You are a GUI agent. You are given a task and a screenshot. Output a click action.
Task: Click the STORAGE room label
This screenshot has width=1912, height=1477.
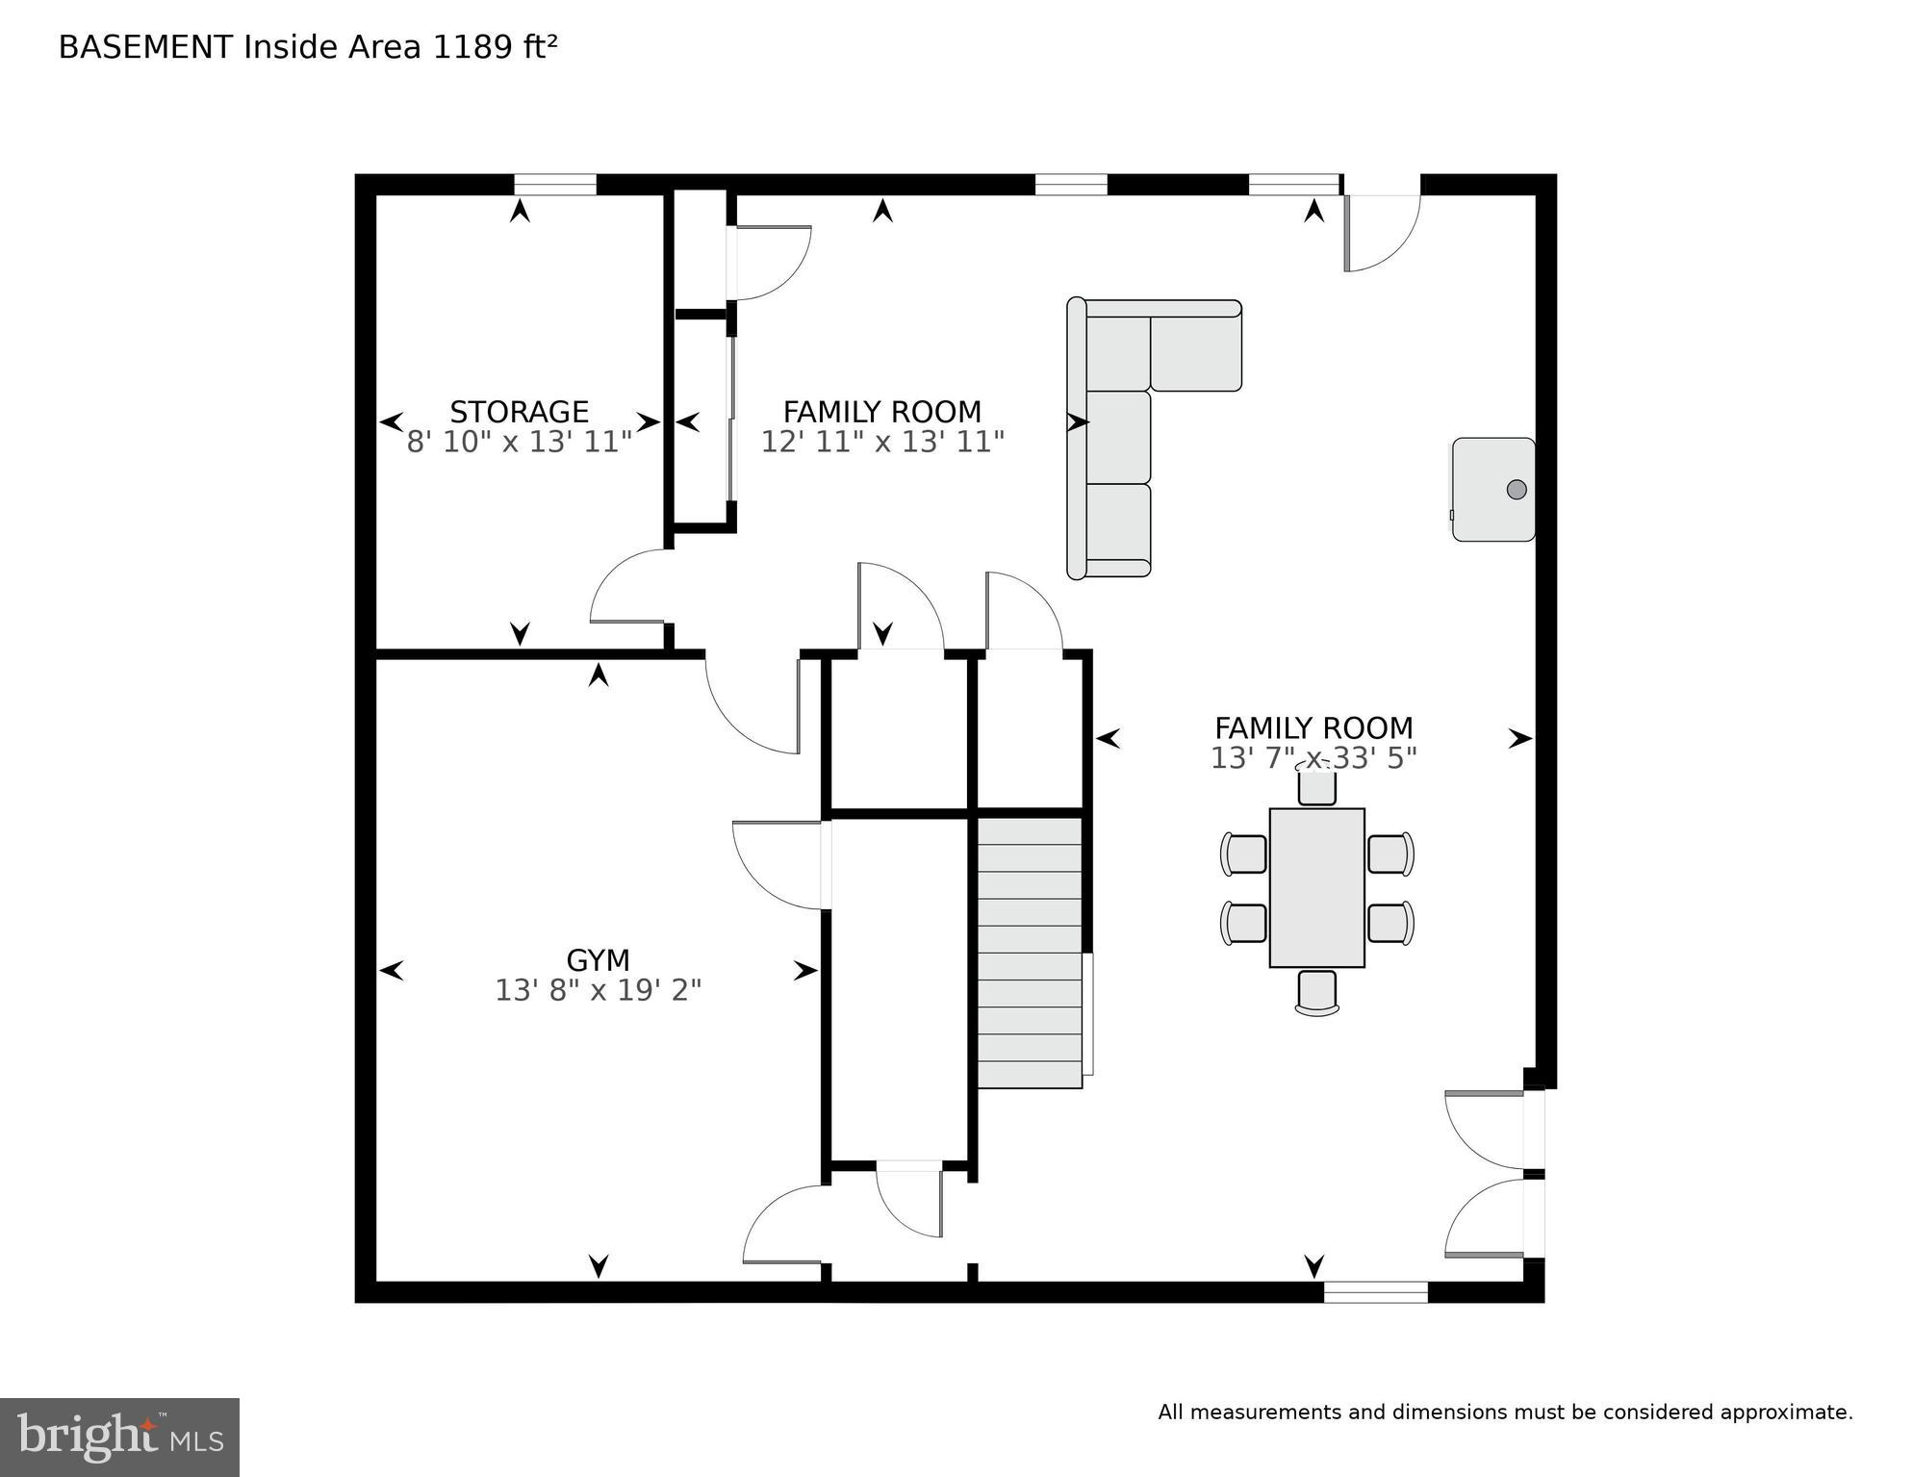[519, 412]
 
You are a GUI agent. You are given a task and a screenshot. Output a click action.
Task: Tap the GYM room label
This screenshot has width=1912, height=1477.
[598, 960]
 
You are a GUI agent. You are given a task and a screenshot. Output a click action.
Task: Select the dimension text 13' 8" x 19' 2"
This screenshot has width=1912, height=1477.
[598, 990]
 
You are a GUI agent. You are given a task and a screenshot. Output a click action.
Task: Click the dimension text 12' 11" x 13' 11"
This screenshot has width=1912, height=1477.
[882, 442]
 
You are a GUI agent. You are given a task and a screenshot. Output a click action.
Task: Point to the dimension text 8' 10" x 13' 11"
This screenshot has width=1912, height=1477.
[519, 442]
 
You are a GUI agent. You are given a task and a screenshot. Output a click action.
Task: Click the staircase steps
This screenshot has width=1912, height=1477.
[1030, 953]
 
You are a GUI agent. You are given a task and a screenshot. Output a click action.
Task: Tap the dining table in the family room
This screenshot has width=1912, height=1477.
[1316, 887]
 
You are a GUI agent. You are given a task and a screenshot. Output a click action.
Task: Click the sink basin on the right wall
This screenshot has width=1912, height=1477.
[1493, 489]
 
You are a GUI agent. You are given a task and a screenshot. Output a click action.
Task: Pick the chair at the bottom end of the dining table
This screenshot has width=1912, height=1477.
[1316, 992]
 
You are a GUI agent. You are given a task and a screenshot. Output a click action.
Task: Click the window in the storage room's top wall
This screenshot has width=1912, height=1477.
[554, 184]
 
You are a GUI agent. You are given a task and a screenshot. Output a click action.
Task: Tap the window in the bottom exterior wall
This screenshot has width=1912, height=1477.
[1375, 1292]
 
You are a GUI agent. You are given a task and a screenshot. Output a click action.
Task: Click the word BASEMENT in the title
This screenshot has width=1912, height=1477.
[145, 47]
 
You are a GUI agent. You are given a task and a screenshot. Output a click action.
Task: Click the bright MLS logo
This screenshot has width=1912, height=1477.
[119, 1438]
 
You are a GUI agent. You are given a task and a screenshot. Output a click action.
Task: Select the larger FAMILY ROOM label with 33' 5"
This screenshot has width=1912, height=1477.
[1313, 728]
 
